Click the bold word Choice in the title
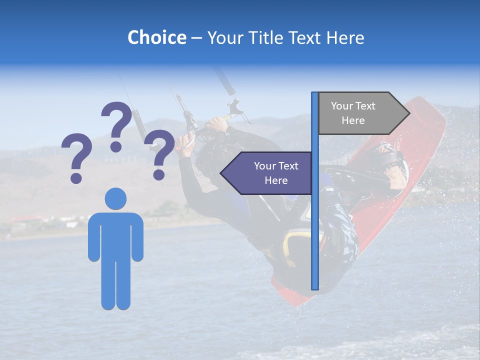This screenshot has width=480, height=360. pos(156,37)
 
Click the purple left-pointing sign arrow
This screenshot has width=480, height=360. pos(267,173)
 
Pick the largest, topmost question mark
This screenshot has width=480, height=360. pos(116,125)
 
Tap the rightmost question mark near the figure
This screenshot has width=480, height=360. pos(159,153)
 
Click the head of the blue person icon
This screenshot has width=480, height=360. pos(115,198)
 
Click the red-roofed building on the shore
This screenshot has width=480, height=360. pos(25,219)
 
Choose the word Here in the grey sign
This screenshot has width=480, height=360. pos(353,120)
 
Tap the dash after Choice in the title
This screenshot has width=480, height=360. pos(196,38)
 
